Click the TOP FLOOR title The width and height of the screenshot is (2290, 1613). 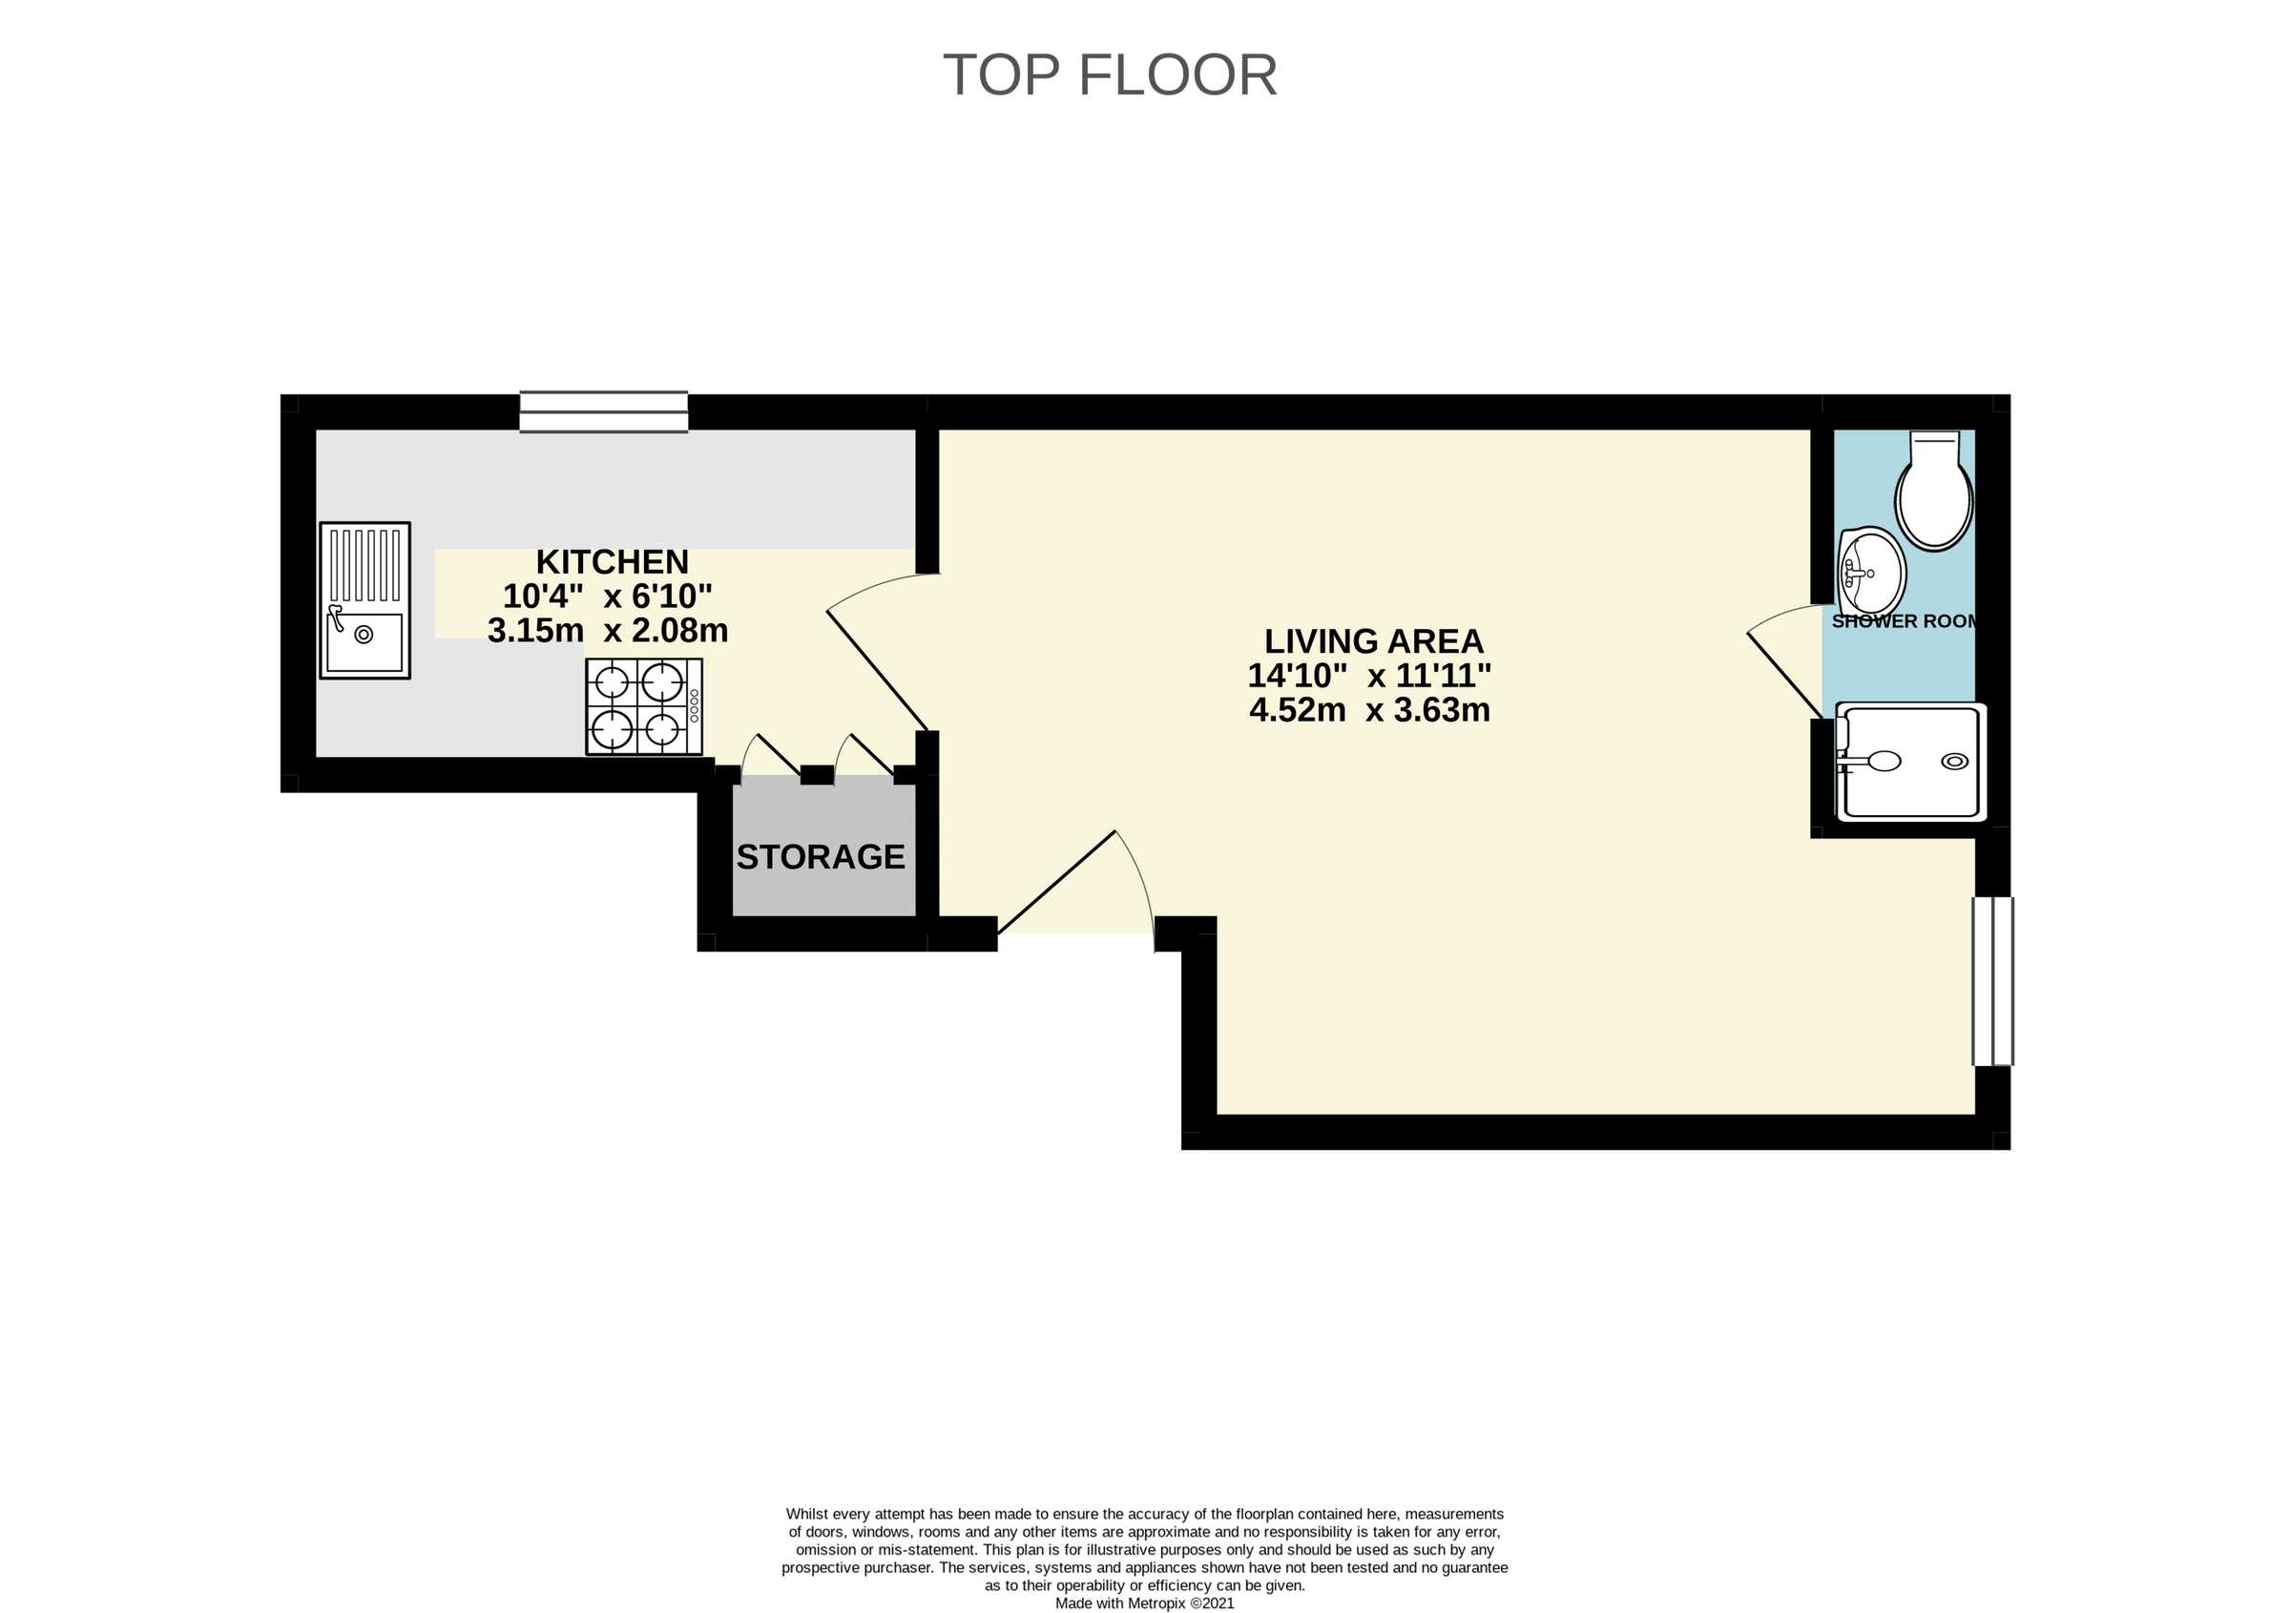(x=1109, y=74)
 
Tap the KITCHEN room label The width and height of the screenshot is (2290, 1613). (x=612, y=561)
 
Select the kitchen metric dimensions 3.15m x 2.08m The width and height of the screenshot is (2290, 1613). (x=608, y=631)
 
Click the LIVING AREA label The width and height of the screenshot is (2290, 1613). (x=1373, y=640)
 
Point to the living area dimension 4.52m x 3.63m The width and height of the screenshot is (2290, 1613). (x=1369, y=710)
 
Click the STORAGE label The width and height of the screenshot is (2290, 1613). (x=820, y=857)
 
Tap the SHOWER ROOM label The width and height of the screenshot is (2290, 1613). (x=1902, y=621)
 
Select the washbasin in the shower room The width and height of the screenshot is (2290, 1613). (x=1872, y=574)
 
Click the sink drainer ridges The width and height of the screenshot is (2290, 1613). (x=365, y=564)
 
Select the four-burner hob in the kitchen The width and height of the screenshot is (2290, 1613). (x=643, y=706)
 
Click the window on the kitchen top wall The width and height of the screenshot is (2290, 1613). (x=603, y=412)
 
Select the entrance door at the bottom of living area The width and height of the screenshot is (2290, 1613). (x=1057, y=881)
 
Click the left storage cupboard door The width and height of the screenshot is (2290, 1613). (x=778, y=755)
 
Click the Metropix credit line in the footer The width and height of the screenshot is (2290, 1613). (x=1144, y=1604)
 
